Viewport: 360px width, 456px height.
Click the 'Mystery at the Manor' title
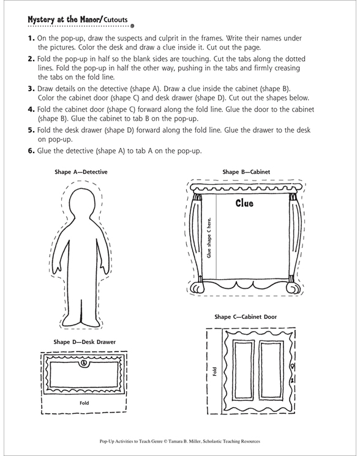[64, 20]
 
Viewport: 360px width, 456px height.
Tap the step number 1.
[31, 39]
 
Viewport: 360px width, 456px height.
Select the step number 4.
[31, 110]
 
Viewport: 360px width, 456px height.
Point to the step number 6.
[31, 151]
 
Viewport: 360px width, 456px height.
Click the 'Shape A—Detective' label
[81, 172]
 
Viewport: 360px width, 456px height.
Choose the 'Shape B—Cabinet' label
[246, 172]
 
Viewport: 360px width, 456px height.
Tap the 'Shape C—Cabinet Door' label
[246, 316]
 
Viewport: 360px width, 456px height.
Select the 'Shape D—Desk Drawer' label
[84, 342]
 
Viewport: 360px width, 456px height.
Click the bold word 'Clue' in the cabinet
[244, 203]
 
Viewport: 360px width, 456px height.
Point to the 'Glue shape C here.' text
[209, 237]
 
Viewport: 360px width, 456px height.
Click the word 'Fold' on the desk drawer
[84, 403]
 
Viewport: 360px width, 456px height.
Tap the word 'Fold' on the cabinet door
[215, 372]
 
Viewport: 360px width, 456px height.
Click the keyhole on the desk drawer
[84, 363]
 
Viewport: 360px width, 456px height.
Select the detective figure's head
[81, 203]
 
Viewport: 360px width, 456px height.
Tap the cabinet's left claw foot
[197, 287]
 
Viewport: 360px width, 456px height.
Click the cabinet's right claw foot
[293, 288]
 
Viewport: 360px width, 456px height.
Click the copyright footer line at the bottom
[180, 441]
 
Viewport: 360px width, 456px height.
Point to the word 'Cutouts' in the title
[116, 20]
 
